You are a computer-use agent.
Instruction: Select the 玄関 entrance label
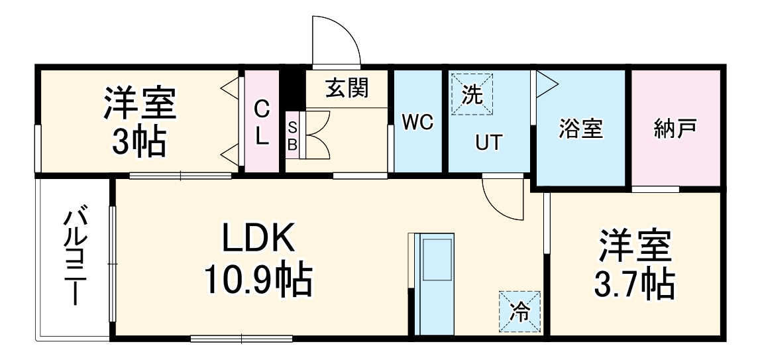(347, 88)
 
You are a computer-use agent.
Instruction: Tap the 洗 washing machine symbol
(472, 95)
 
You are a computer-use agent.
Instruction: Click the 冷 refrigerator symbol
(521, 312)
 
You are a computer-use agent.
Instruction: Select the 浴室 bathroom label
(581, 129)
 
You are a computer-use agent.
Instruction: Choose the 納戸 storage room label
(675, 129)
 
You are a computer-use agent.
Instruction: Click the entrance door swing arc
(337, 40)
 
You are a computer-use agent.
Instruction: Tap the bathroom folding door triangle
(547, 84)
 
